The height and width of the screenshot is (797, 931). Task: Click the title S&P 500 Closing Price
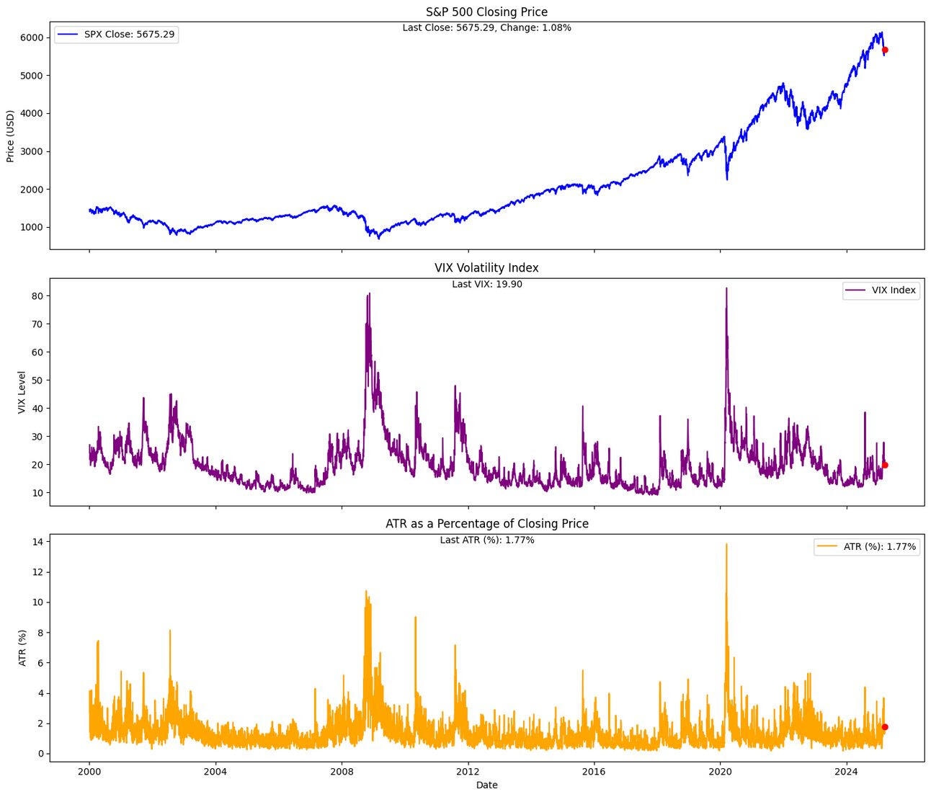486,12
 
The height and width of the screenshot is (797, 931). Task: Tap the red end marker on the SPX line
885,50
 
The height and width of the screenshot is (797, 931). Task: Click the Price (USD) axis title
10,136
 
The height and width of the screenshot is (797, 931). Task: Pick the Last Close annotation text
486,28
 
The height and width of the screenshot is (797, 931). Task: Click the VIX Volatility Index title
486,267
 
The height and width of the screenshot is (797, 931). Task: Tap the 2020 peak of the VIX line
726,288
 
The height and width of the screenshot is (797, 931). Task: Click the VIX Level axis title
22,393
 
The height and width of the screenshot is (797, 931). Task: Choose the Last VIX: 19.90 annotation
486,284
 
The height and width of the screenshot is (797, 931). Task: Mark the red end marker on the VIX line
885,465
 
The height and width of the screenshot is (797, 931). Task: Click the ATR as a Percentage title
486,524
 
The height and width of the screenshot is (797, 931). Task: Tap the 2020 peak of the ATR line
726,544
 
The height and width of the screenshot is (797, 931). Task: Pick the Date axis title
486,785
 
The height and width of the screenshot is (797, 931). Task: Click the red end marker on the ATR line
885,727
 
